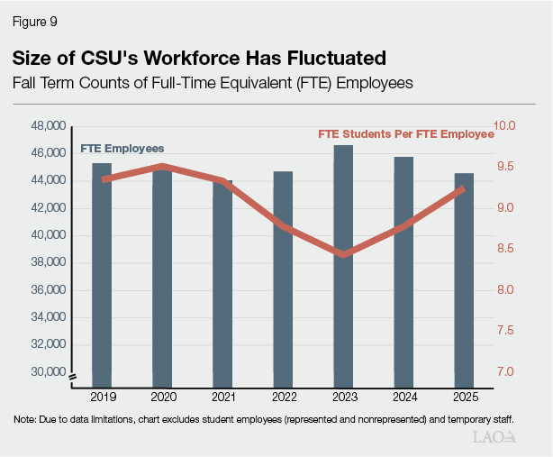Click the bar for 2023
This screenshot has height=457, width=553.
(x=342, y=270)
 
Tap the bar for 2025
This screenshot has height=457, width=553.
(x=463, y=279)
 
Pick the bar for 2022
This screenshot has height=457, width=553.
(x=283, y=279)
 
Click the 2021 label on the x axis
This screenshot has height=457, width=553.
(x=222, y=397)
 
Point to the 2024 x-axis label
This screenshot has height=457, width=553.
(x=403, y=397)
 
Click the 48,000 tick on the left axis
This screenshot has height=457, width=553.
(x=48, y=125)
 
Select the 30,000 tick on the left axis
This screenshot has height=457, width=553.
(x=48, y=371)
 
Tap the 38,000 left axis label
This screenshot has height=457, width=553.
(x=48, y=262)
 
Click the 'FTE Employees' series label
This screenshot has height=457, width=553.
(x=122, y=148)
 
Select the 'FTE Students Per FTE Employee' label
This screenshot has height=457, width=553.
(x=405, y=134)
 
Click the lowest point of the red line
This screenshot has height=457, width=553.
(x=343, y=255)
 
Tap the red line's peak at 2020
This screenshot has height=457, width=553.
(x=162, y=167)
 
